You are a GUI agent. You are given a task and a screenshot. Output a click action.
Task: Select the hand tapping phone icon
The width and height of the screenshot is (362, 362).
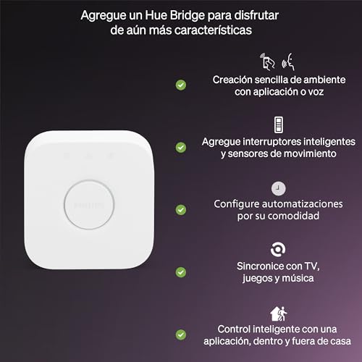tap(266, 59)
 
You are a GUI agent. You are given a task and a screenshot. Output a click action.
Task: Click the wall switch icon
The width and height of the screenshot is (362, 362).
tap(279, 124)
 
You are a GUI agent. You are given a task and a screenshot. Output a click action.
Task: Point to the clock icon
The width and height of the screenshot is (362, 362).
tap(279, 186)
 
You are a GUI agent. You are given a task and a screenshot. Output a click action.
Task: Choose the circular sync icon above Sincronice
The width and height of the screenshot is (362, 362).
tap(279, 249)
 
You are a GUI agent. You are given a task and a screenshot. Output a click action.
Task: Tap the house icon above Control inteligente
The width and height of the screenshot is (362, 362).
tap(278, 313)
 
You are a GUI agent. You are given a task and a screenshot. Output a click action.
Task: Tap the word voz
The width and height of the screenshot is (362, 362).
tap(313, 92)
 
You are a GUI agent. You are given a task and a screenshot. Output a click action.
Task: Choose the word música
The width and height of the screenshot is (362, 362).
tap(302, 279)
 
